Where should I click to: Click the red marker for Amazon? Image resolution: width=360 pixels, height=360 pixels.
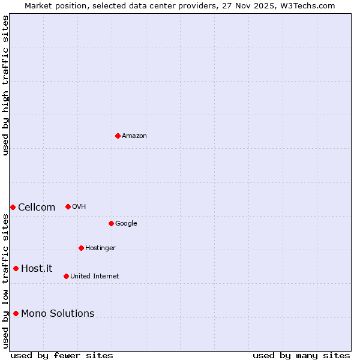pyautogui.click(x=118, y=136)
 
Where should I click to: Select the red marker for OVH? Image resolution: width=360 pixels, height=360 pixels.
pyautogui.click(x=68, y=206)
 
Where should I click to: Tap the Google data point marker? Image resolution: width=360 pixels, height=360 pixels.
pyautogui.click(x=111, y=223)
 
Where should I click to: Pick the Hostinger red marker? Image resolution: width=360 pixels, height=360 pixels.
pyautogui.click(x=81, y=248)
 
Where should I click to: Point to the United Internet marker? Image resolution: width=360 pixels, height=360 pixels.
pyautogui.click(x=66, y=276)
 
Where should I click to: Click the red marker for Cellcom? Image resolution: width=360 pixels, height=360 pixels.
pyautogui.click(x=13, y=207)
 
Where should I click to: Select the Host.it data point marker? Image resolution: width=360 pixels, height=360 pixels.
pyautogui.click(x=16, y=268)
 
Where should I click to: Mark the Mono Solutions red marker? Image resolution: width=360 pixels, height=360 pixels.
pyautogui.click(x=16, y=313)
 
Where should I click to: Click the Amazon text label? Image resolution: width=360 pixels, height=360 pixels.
pyautogui.click(x=134, y=136)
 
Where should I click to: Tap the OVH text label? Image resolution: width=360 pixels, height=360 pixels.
pyautogui.click(x=79, y=206)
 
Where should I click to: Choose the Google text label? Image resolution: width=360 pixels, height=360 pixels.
pyautogui.click(x=126, y=223)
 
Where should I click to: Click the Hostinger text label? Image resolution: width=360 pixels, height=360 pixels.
pyautogui.click(x=100, y=248)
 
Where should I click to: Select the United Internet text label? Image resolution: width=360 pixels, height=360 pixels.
pyautogui.click(x=95, y=276)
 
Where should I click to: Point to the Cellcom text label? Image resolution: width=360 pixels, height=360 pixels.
pyautogui.click(x=37, y=208)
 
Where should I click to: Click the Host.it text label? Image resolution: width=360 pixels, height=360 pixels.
pyautogui.click(x=37, y=268)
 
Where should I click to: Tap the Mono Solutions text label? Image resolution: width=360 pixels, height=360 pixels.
pyautogui.click(x=58, y=313)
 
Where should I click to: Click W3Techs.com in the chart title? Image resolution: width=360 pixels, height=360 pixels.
pyautogui.click(x=304, y=5)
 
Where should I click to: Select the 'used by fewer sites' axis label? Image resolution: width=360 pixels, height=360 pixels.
pyautogui.click(x=62, y=355)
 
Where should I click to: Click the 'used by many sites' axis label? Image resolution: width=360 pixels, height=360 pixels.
pyautogui.click(x=301, y=355)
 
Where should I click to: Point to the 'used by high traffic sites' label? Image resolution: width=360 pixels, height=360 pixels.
pyautogui.click(x=5, y=85)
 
